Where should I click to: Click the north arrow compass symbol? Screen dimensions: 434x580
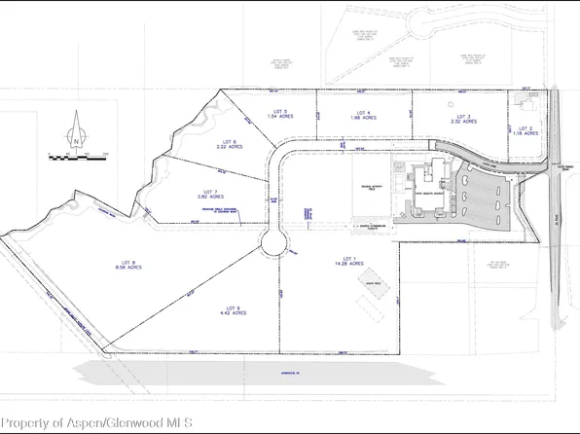tap(75, 135)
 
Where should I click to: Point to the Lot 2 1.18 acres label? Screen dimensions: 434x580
tap(526, 130)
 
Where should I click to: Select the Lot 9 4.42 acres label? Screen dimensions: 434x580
tap(230, 311)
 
